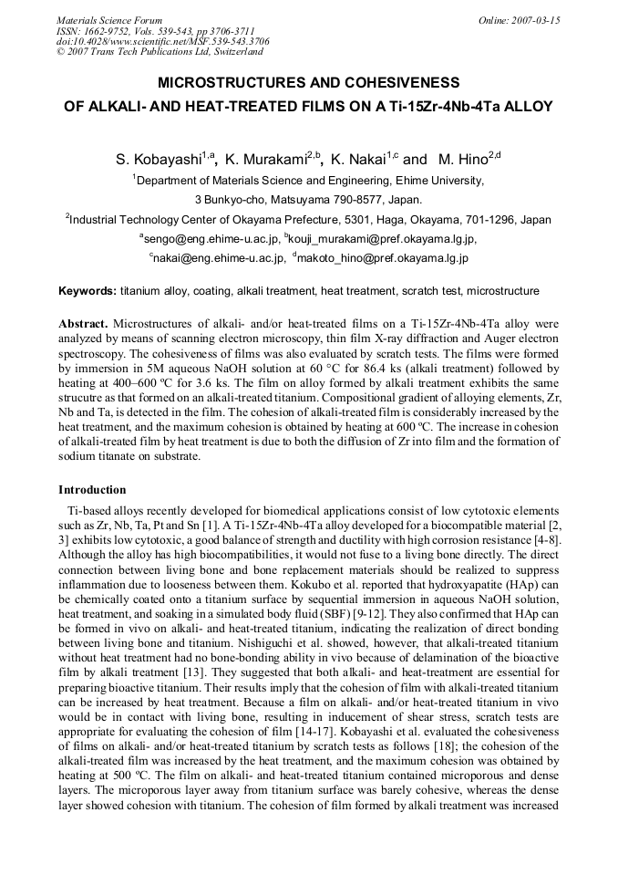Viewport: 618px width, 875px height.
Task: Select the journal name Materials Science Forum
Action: [x=109, y=20]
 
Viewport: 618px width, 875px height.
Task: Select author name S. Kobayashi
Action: [x=159, y=160]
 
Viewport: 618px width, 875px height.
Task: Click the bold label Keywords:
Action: [x=88, y=292]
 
